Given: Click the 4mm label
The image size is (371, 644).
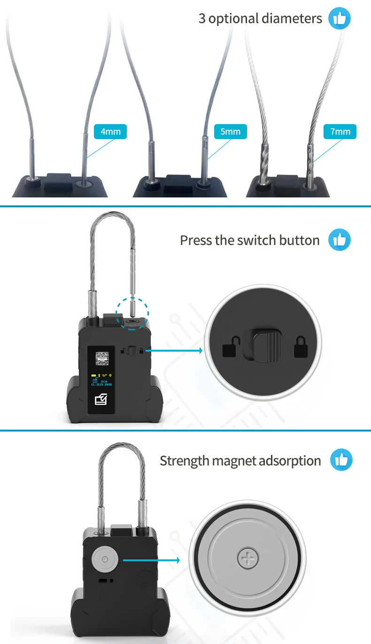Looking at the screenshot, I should click(110, 132).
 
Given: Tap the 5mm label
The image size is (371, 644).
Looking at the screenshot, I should click(230, 132).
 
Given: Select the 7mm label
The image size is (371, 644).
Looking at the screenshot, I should click(340, 132).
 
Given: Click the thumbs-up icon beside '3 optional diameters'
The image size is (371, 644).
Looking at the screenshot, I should click(339, 19).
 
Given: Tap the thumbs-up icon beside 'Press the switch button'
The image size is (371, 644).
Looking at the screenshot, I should click(339, 240).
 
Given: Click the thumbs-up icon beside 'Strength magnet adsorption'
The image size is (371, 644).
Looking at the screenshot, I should click(341, 460).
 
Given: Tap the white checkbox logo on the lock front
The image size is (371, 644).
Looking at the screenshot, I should click(101, 400).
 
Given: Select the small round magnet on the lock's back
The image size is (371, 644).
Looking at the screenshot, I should click(103, 559).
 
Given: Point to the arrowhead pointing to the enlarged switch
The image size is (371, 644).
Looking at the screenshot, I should click(200, 350).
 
